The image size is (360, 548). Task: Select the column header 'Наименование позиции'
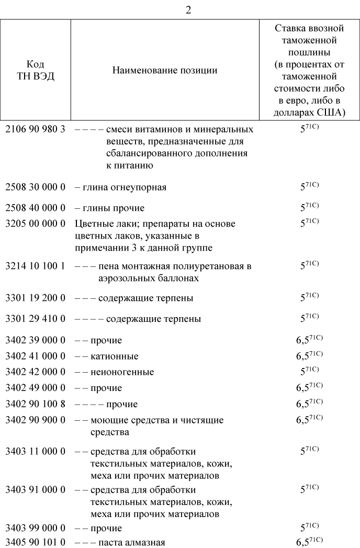(165, 70)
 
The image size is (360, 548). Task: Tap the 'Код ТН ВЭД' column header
(35, 70)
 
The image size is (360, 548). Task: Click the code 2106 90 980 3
(35, 129)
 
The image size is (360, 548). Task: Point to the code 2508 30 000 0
(35, 187)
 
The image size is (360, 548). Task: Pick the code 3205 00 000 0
(35, 224)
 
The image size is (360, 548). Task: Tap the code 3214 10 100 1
(35, 266)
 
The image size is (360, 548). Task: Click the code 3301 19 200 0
(35, 298)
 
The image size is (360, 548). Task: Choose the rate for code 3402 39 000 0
(309, 340)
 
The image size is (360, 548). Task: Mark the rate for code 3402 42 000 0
(309, 372)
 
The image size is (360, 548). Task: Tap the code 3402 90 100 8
(35, 404)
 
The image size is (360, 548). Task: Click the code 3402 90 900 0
(35, 420)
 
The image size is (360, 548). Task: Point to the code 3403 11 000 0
(35, 451)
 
